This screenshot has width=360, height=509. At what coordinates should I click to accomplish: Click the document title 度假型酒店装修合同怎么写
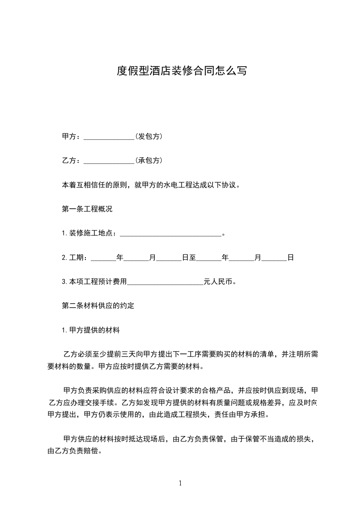point(182,71)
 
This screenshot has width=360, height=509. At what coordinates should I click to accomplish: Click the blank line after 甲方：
point(109,137)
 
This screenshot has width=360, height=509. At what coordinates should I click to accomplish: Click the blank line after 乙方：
point(109,161)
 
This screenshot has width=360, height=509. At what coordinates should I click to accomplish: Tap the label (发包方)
point(149,137)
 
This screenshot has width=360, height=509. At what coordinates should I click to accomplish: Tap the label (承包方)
point(149,161)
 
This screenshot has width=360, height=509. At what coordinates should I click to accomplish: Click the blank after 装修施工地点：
point(170,234)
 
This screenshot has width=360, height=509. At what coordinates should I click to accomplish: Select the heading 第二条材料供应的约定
point(98,306)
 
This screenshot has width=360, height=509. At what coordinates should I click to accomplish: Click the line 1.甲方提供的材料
point(90,330)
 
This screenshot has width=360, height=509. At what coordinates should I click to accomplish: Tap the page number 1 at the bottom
point(180,483)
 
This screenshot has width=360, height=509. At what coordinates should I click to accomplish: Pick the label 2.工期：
point(76,258)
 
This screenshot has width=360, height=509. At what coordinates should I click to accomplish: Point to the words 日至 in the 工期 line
point(189,258)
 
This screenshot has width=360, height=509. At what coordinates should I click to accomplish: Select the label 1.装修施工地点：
point(90,234)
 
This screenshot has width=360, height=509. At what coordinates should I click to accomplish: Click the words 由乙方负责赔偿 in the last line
point(72,451)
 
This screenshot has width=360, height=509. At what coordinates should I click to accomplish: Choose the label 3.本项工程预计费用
point(94,282)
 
